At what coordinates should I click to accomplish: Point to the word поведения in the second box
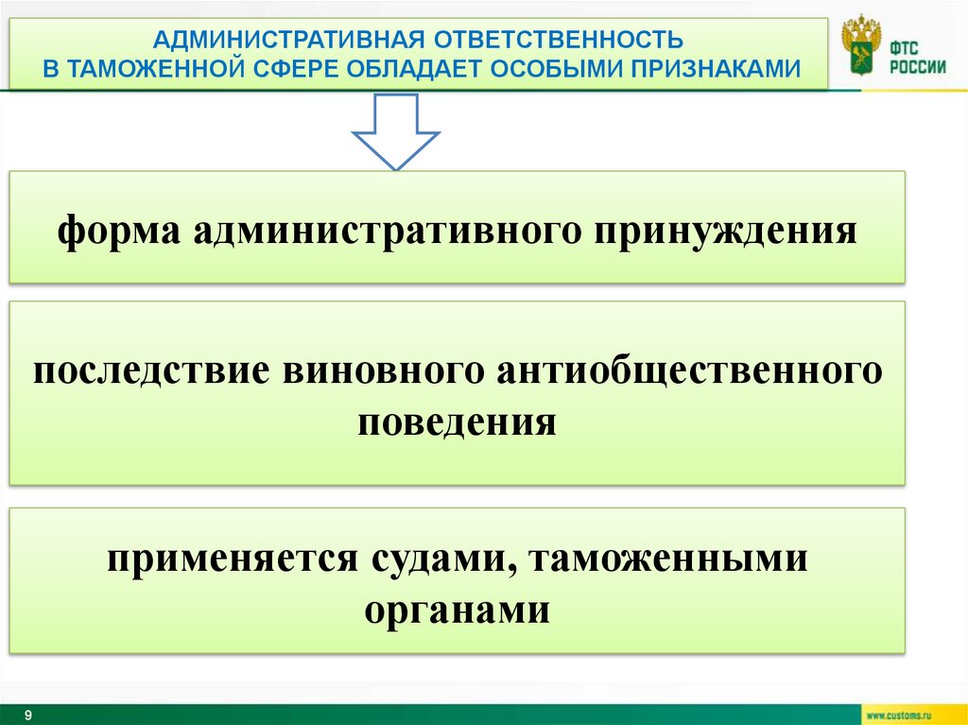(x=458, y=420)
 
